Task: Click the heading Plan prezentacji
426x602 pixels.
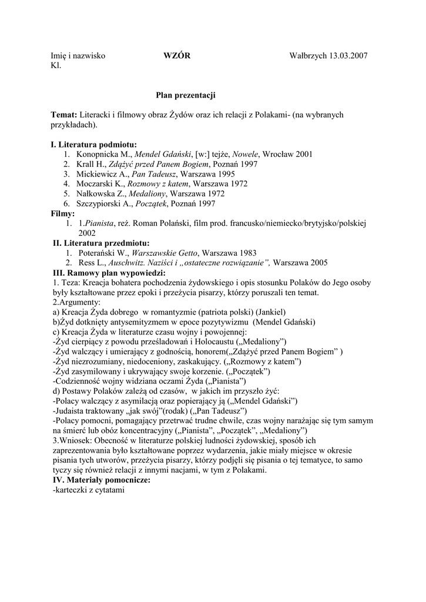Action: point(186,95)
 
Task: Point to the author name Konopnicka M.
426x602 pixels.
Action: point(104,154)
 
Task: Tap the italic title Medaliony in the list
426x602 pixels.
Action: point(150,194)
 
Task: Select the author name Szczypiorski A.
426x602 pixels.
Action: point(105,204)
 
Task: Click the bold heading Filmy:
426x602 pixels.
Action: point(63,213)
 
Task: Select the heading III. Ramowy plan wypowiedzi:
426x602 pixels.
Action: point(109,273)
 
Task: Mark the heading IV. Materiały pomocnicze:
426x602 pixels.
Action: point(101,480)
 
